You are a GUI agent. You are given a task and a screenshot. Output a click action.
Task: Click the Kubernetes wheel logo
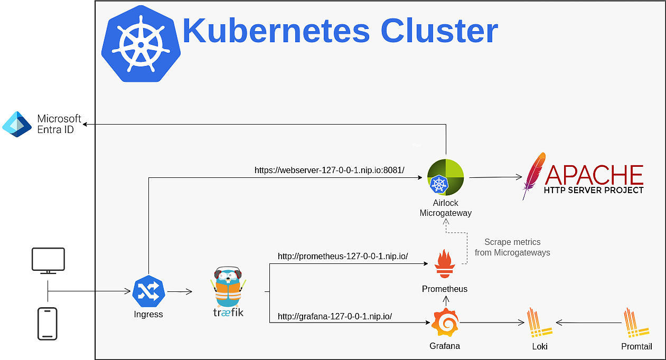click(141, 44)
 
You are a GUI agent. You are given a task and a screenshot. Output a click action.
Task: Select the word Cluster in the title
click(439, 31)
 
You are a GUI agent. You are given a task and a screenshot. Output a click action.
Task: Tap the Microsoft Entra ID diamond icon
click(17, 124)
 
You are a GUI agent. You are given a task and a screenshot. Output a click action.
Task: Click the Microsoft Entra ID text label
click(59, 124)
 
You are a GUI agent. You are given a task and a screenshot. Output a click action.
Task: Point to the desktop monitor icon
click(48, 261)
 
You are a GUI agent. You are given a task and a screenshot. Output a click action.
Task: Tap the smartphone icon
click(48, 324)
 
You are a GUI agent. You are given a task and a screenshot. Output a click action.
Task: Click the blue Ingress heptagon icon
click(148, 291)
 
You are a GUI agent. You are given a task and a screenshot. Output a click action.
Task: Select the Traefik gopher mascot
click(228, 287)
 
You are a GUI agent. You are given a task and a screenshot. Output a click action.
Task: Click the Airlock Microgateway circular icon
click(445, 177)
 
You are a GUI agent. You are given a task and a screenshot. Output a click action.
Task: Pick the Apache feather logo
click(534, 175)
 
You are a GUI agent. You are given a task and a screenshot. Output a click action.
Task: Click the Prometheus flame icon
click(445, 264)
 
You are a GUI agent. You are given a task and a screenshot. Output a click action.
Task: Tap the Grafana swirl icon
click(445, 322)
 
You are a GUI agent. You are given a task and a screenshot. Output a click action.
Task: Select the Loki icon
click(539, 323)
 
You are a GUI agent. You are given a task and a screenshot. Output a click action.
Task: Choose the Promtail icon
click(636, 323)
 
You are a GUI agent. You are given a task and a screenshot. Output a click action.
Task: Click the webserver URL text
click(329, 170)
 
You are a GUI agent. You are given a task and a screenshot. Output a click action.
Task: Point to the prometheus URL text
click(343, 256)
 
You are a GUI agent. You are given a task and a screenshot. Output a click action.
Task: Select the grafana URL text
click(334, 316)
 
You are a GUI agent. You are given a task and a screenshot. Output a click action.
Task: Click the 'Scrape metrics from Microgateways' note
click(512, 247)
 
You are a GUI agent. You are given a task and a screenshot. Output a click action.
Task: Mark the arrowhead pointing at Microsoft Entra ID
click(85, 124)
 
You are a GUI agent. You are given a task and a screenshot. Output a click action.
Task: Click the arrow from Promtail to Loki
click(589, 323)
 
